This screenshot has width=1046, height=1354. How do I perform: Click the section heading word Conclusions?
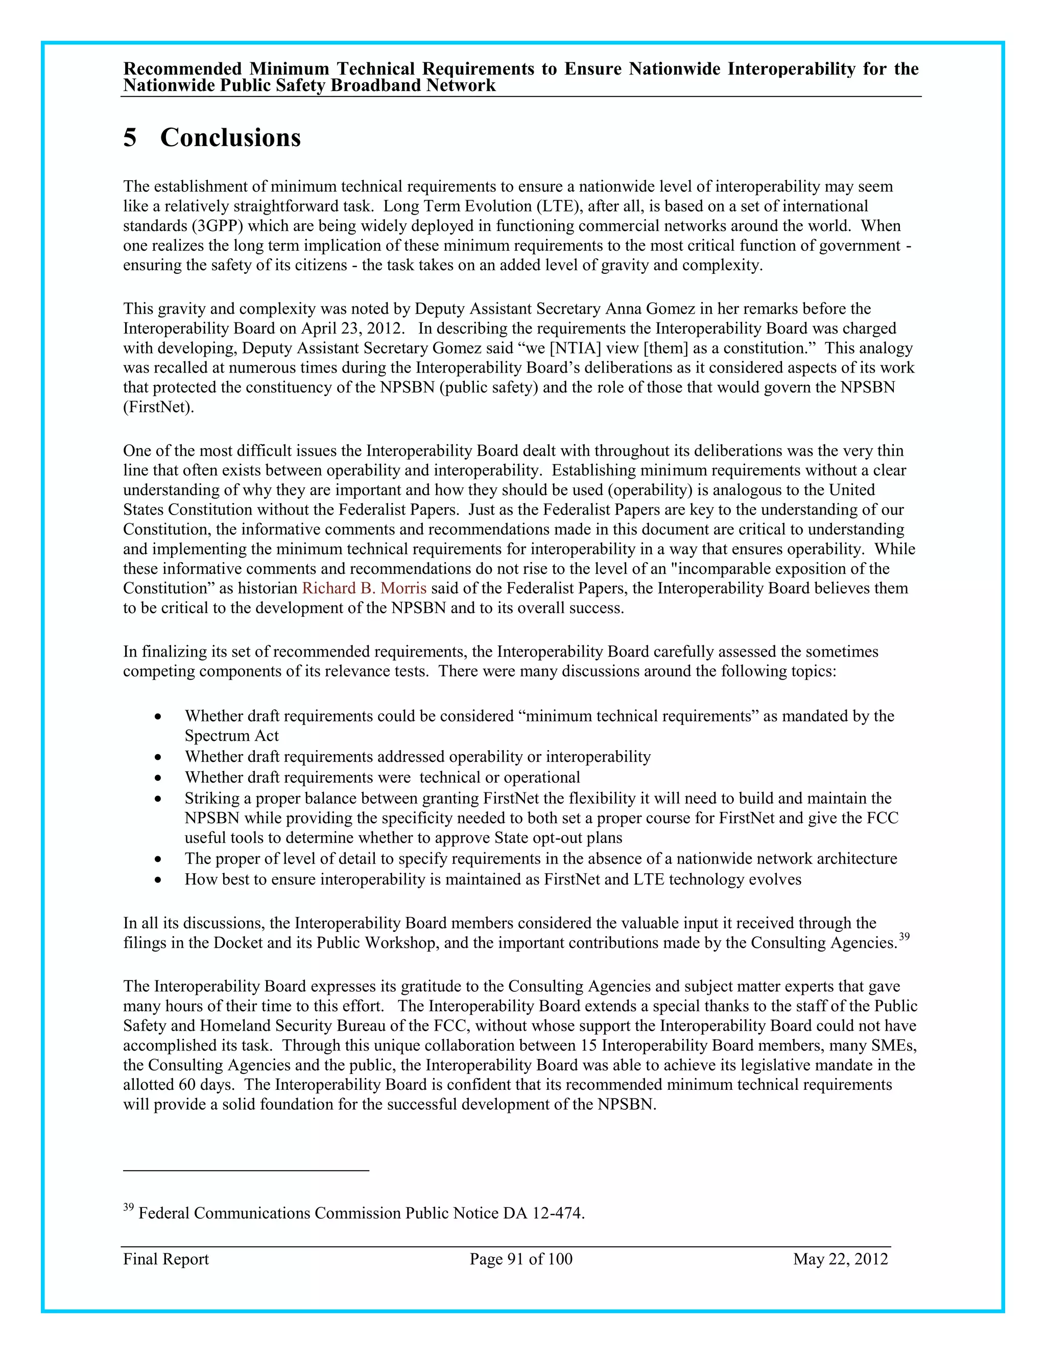point(230,137)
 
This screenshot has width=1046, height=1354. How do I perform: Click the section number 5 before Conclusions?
point(130,137)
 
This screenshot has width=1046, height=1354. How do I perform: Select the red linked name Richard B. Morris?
point(364,588)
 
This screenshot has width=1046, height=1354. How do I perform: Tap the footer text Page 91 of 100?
point(520,1259)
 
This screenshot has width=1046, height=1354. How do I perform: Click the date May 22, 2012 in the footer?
point(840,1259)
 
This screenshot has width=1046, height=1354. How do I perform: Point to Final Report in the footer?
point(165,1259)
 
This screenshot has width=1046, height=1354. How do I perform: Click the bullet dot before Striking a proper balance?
point(159,799)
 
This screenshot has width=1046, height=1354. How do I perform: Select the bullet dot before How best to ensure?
point(159,880)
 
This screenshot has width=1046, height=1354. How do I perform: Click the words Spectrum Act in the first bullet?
point(231,736)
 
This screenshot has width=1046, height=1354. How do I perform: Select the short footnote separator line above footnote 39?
point(246,1171)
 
